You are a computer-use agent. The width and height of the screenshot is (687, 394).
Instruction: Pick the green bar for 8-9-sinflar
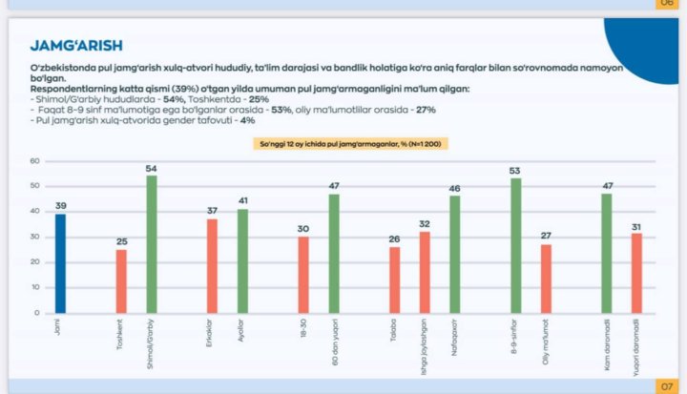(515, 246)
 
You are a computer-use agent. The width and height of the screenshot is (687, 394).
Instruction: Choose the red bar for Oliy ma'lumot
(546, 279)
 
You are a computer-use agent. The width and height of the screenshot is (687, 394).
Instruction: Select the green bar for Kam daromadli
(606, 254)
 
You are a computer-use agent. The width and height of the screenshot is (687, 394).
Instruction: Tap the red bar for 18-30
(303, 275)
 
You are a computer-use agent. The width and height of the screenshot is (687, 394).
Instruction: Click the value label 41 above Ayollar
(242, 200)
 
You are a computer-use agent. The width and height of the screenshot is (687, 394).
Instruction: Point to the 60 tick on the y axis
(34, 160)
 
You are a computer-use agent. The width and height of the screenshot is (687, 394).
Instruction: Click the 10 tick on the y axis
(34, 288)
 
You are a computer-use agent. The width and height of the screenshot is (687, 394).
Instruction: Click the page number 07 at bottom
(666, 385)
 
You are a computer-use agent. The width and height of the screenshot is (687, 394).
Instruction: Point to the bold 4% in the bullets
(247, 121)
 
